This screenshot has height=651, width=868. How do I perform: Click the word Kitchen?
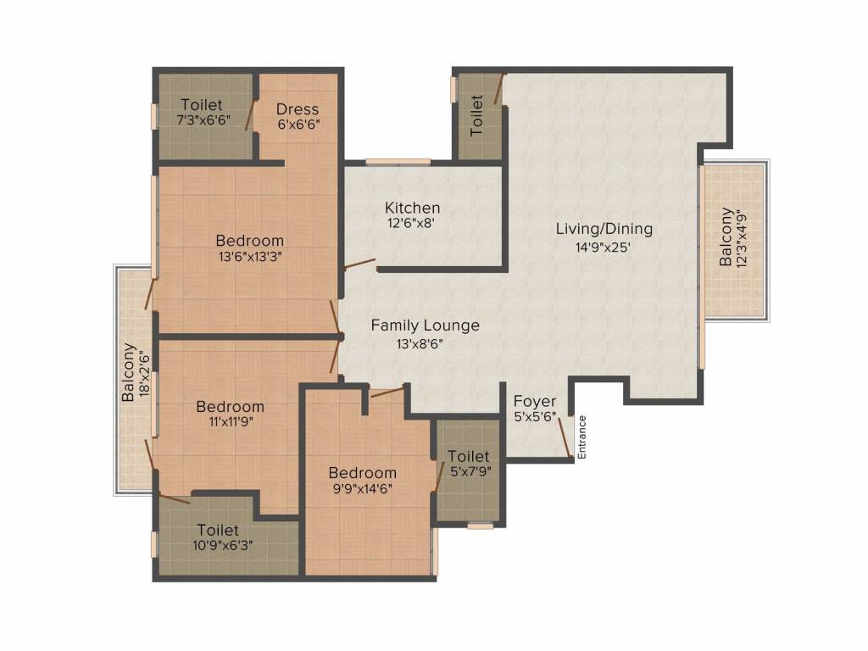(x=412, y=208)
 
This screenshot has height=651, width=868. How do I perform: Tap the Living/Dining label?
(x=604, y=229)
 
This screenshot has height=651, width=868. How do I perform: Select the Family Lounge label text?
(x=425, y=325)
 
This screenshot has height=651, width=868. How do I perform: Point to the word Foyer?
(x=535, y=401)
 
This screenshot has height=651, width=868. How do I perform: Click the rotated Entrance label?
(x=581, y=437)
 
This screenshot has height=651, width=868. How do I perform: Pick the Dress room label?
(x=298, y=109)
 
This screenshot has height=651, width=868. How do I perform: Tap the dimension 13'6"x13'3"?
(x=248, y=258)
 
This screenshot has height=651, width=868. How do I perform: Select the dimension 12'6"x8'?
(x=412, y=225)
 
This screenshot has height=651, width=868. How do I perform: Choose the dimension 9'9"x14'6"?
(x=362, y=488)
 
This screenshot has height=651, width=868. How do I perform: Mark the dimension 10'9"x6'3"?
(x=217, y=547)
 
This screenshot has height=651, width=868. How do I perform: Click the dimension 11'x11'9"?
(x=229, y=423)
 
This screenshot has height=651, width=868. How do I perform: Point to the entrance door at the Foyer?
(x=565, y=437)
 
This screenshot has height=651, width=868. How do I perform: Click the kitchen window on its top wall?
(x=398, y=161)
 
